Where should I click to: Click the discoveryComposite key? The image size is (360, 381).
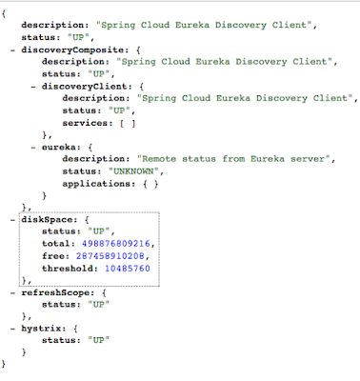[x=72, y=50]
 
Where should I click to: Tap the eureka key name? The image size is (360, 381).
[x=59, y=148]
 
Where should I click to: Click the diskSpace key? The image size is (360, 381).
[x=47, y=220]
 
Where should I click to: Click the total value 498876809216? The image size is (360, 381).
[x=116, y=244]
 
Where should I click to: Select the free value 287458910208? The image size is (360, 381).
[x=110, y=256]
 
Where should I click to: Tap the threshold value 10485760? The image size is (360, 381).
[x=128, y=269]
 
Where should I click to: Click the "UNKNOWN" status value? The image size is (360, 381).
[x=133, y=171]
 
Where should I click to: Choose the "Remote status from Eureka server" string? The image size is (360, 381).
[x=234, y=159]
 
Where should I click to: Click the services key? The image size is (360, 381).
[x=85, y=123]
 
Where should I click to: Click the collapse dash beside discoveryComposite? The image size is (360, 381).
[x=12, y=50]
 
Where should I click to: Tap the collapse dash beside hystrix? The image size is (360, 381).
[x=12, y=329]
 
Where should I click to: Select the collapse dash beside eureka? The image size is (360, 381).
[x=33, y=148]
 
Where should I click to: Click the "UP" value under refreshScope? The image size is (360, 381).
[x=99, y=305]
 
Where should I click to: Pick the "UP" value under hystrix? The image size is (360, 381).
[x=99, y=340]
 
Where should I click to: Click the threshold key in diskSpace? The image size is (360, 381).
[x=70, y=269]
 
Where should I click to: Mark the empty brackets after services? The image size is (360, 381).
[x=128, y=123]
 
